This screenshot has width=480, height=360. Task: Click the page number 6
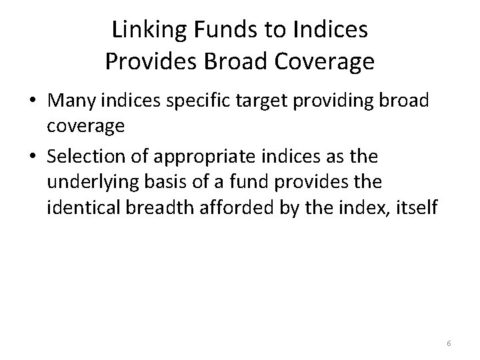click(x=449, y=343)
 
